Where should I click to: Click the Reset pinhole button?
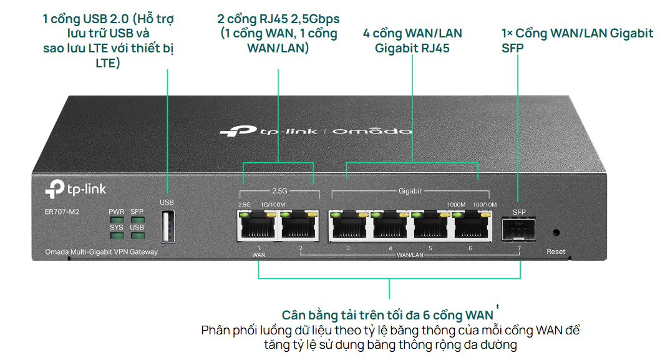click(x=556, y=233)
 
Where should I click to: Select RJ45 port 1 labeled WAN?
click(x=258, y=226)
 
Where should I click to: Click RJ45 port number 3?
click(x=348, y=226)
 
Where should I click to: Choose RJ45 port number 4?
click(x=390, y=226)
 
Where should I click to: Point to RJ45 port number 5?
click(x=430, y=226)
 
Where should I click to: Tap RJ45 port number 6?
click(x=470, y=226)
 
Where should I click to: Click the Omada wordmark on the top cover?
click(x=372, y=131)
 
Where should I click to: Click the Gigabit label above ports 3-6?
click(x=410, y=190)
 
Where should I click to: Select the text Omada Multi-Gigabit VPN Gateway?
click(x=101, y=252)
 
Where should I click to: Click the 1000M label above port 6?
click(x=456, y=204)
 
